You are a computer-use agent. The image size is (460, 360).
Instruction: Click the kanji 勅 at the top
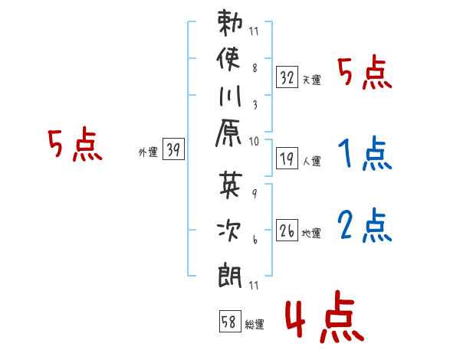230,22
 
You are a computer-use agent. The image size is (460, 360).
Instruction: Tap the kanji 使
228,59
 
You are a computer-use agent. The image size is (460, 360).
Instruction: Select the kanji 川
230,96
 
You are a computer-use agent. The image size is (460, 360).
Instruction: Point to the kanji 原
228,133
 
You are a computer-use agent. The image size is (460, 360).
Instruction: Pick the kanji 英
231,185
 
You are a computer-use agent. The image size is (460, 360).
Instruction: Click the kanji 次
229,230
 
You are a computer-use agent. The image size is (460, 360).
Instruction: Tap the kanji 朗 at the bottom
230,276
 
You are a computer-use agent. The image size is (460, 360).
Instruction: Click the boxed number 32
287,77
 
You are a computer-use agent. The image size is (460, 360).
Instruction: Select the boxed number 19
287,159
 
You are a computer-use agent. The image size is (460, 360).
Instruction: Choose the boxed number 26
287,231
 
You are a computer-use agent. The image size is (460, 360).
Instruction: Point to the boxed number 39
173,149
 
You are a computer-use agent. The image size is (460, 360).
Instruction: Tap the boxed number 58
230,321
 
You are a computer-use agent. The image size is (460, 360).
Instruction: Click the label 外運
148,152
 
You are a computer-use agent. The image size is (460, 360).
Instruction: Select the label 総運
255,325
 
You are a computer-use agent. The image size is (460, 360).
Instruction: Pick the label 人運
311,161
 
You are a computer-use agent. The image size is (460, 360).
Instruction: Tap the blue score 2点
365,225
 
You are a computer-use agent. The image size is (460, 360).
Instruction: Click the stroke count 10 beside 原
254,142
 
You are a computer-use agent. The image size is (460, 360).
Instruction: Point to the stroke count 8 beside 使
255,68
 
